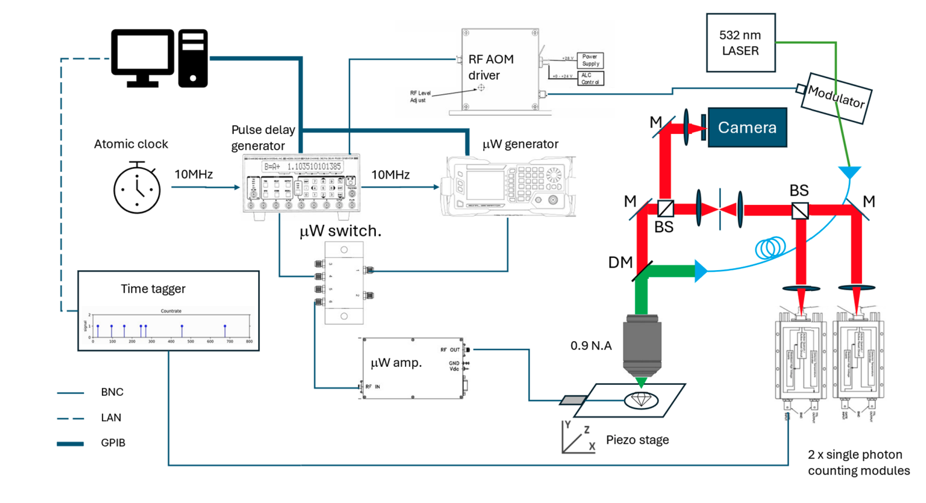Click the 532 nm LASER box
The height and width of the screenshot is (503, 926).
coord(740,43)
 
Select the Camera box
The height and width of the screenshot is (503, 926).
coord(747,127)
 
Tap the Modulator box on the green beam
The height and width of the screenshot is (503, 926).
coord(836,97)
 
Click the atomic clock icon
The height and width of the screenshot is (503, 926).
coord(137,189)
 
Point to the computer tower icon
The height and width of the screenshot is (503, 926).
coord(193,58)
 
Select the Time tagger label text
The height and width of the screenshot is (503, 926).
coord(153,289)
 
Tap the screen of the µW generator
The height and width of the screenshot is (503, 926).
coord(485,186)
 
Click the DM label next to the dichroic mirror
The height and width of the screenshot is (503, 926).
coord(620,263)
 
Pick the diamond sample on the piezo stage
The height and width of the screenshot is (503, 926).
coord(641,400)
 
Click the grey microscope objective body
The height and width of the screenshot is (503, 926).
coord(642,346)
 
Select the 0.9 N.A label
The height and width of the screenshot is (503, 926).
coord(591,346)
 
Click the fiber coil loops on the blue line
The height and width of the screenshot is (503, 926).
coord(770,248)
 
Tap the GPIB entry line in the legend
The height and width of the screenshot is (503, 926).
coord(70,444)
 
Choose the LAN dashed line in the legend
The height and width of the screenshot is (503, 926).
coord(70,418)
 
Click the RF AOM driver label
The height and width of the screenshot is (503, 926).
coord(491,67)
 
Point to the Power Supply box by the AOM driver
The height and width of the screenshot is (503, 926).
coord(590,60)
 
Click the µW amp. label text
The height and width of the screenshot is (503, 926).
coord(396,363)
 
